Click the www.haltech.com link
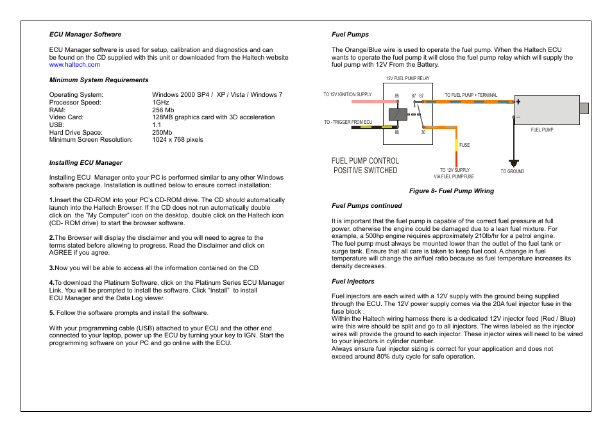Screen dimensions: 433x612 (74, 65)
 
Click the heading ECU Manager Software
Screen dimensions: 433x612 (85, 35)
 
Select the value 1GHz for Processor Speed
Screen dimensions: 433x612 (160, 103)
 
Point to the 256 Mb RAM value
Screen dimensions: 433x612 (163, 110)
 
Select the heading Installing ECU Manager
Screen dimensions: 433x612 (86, 162)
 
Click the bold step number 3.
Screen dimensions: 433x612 (51, 268)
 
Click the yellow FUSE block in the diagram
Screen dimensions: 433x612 (456, 145)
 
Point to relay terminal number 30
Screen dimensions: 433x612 (423, 133)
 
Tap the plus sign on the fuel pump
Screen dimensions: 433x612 (518, 101)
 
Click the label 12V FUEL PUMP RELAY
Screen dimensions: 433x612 (407, 78)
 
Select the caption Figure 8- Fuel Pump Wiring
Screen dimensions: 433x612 (452, 191)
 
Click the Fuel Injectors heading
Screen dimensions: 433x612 (353, 281)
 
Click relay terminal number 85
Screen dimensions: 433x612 (397, 96)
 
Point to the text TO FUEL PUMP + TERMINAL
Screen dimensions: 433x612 (471, 95)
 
